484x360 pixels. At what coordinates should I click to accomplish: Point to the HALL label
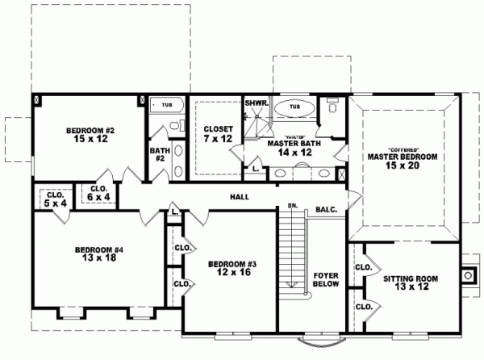(240, 197)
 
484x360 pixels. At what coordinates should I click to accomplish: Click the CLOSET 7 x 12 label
(219, 134)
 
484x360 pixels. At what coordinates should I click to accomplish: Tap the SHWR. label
(257, 103)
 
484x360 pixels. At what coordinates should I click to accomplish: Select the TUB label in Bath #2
(167, 105)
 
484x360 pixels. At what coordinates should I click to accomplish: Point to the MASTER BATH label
(290, 144)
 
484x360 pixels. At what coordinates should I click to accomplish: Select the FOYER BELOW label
(325, 280)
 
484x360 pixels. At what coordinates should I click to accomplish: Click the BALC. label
(327, 209)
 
